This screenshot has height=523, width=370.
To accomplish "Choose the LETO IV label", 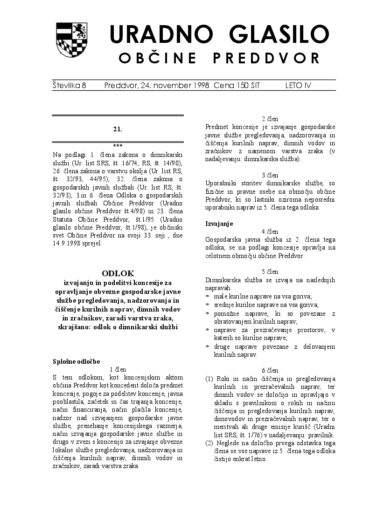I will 298,86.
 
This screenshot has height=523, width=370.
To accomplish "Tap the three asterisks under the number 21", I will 118,145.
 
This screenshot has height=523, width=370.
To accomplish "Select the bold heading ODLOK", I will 118,273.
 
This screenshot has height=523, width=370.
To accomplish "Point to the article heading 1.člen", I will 118,369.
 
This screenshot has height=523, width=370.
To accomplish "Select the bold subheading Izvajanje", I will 219,224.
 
